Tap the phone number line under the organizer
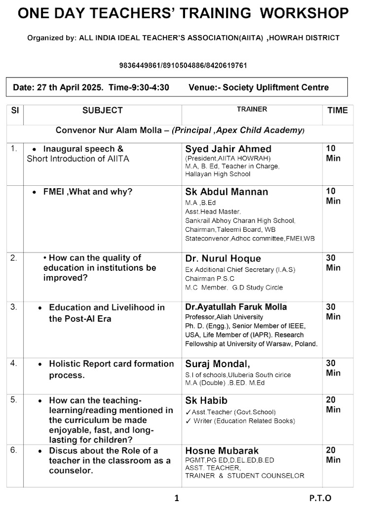point(183,65)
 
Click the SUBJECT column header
point(103,110)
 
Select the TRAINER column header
point(252,109)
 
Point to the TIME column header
point(338,110)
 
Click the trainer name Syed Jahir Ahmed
point(228,149)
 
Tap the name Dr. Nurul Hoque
point(223,258)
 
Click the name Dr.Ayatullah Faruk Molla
point(236,307)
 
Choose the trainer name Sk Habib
point(206,400)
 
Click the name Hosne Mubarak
point(222,451)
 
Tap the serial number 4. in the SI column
point(14,363)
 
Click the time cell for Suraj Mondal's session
point(334,368)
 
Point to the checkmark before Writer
point(188,421)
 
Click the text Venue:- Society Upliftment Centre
point(259,87)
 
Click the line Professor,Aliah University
point(224,317)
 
